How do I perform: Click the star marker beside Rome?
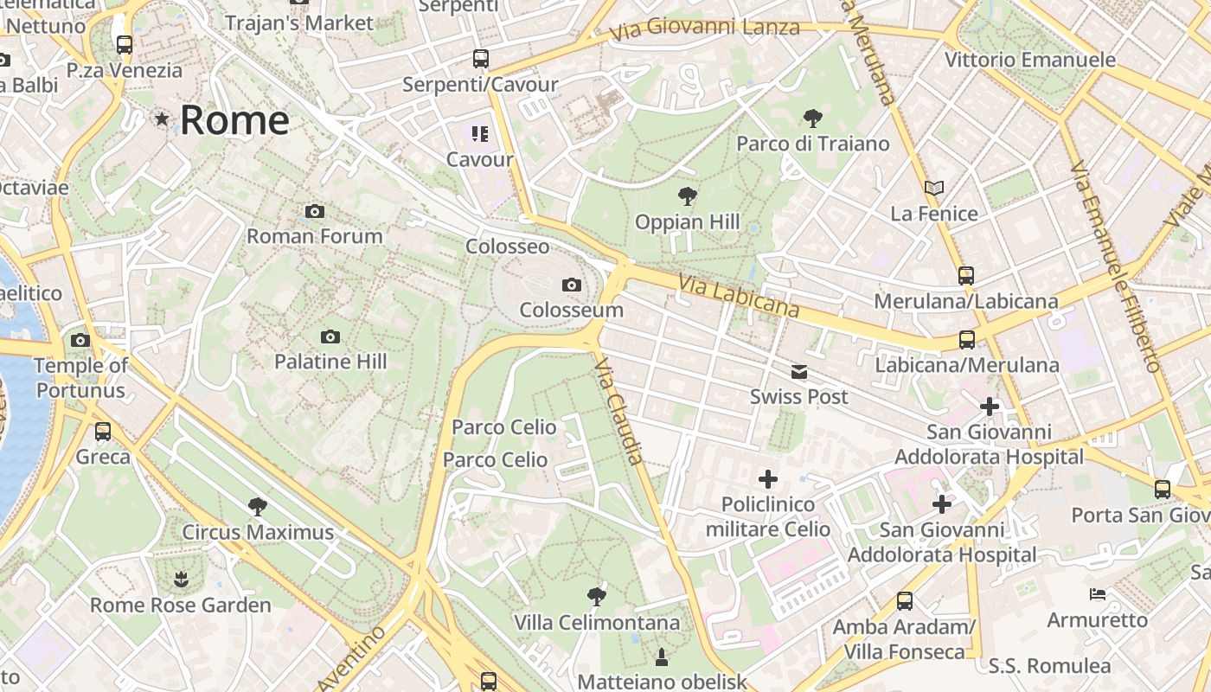click(x=162, y=119)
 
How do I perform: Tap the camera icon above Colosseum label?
click(x=571, y=285)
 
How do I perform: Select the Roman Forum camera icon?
click(x=315, y=211)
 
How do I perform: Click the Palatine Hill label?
click(x=330, y=362)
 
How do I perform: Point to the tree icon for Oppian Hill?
click(x=688, y=196)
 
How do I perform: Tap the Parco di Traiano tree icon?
click(x=812, y=119)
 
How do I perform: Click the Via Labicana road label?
click(x=739, y=296)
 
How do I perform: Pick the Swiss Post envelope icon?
click(x=798, y=372)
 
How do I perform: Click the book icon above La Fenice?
click(x=933, y=188)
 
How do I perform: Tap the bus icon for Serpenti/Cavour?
click(x=481, y=59)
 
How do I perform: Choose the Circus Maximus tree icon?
click(x=257, y=506)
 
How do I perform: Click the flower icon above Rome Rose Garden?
click(x=181, y=579)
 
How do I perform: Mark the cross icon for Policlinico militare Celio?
click(x=767, y=478)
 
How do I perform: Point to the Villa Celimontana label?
click(x=597, y=623)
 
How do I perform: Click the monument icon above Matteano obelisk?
click(x=662, y=657)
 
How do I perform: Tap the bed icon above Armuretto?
click(x=1097, y=594)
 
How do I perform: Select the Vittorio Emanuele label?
click(x=1029, y=60)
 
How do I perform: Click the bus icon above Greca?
click(x=103, y=431)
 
